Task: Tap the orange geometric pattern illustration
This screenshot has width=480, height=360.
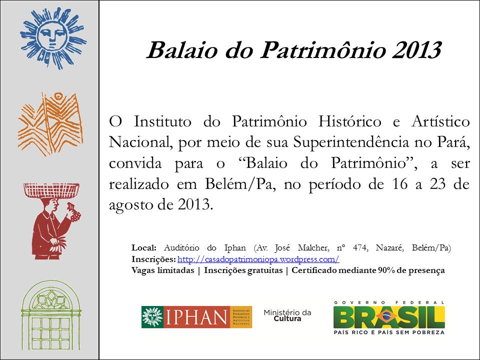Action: click(x=50, y=124)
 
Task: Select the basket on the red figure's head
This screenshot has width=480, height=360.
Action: click(x=51, y=190)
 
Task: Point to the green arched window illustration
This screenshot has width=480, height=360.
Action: click(x=51, y=315)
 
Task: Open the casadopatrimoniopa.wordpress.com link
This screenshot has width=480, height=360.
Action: click(x=258, y=259)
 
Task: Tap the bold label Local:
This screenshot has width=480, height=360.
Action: click(x=144, y=247)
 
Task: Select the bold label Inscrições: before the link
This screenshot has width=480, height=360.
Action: click(x=153, y=259)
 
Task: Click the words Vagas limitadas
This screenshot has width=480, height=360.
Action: click(x=163, y=270)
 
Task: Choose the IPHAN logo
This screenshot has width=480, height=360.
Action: click(x=196, y=317)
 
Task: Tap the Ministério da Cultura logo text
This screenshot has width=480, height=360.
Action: click(x=287, y=315)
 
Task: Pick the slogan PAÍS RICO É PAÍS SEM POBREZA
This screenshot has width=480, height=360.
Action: click(x=389, y=332)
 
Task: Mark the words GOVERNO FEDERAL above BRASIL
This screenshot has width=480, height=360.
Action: click(x=389, y=302)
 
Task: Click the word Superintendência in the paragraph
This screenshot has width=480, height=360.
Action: click(x=351, y=142)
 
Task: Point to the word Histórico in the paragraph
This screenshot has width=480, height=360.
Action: click(x=350, y=122)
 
